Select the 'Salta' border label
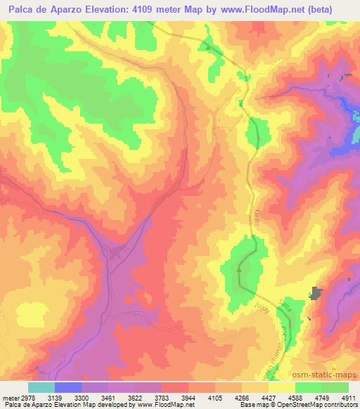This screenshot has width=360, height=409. coord(285,304)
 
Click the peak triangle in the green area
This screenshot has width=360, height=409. coord(239,268)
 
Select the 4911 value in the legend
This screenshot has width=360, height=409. coord(348,397)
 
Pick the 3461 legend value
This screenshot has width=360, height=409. coord(108,397)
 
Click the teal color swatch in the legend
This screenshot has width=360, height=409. coord(41,387)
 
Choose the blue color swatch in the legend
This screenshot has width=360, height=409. coord(68,387)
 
